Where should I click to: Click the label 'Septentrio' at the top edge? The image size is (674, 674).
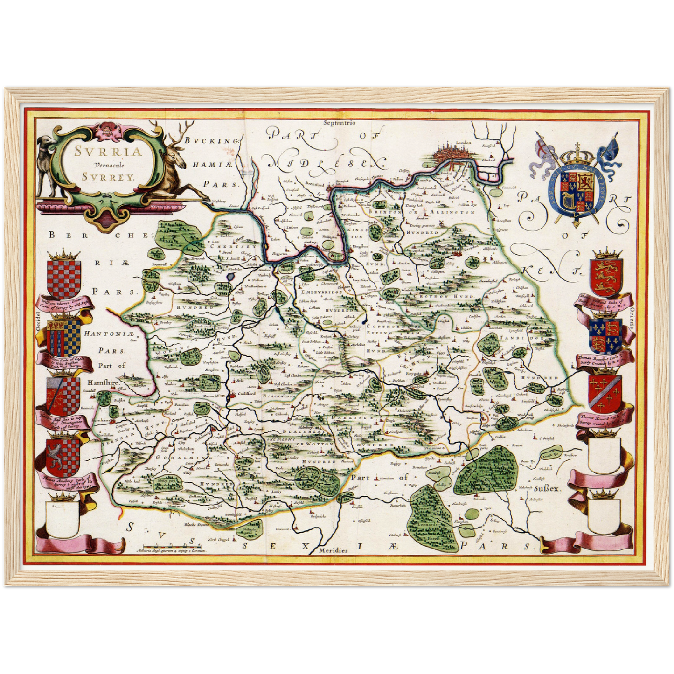coord(339,123)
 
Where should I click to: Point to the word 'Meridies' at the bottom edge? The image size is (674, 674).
coord(333,550)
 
